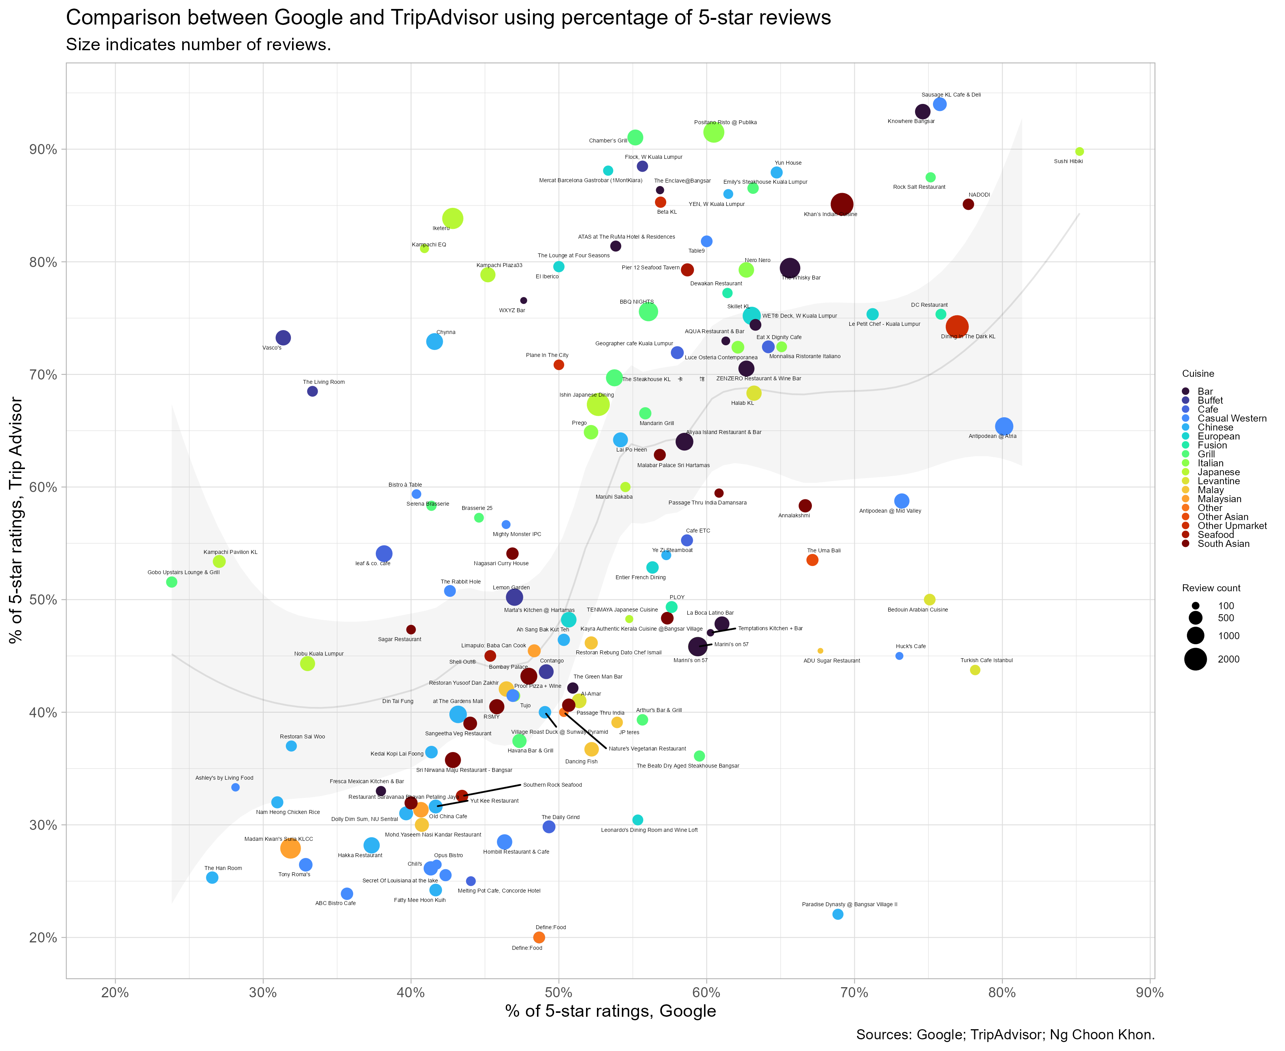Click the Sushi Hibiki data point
[x=1079, y=151]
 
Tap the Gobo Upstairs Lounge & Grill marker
[x=171, y=582]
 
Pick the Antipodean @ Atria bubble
[x=1004, y=426]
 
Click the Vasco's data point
[x=283, y=338]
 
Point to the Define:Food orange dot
[x=539, y=937]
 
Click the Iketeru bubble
[x=453, y=218]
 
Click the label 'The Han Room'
[x=223, y=868]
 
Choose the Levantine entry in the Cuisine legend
[x=1218, y=481]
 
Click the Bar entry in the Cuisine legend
[x=1205, y=392]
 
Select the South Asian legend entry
[x=1223, y=544]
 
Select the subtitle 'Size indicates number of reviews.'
[x=199, y=45]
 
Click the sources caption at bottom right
[x=1005, y=1035]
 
